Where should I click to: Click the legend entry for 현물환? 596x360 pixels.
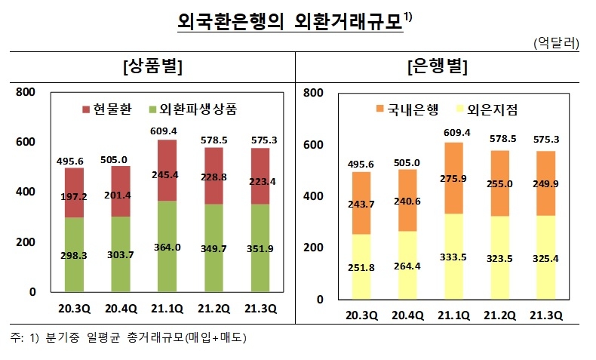[x=106, y=109]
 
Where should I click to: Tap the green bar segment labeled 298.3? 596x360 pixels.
[x=74, y=254]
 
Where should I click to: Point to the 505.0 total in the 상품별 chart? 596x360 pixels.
[x=115, y=158]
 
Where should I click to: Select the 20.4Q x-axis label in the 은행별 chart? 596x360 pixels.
[x=407, y=315]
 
